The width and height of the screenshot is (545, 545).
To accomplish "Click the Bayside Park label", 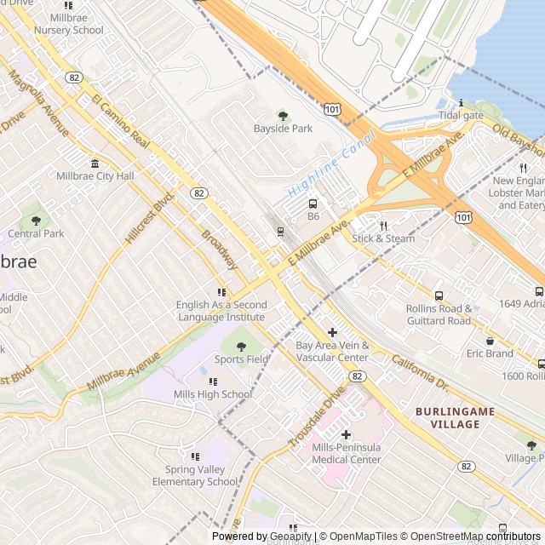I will tap(283, 129).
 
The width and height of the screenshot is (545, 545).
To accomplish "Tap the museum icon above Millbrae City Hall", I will tap(95, 163).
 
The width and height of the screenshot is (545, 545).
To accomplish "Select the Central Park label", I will tap(36, 233).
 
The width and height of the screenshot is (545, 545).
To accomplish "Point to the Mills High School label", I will tap(213, 394).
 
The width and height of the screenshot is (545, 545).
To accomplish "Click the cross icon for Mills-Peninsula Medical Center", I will tap(346, 434).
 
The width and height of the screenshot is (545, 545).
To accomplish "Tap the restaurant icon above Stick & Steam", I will tap(383, 226).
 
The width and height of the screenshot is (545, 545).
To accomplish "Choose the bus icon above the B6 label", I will tap(313, 204).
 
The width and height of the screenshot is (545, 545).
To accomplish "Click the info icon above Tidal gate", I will tap(461, 103).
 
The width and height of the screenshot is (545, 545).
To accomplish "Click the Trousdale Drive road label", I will tap(316, 416).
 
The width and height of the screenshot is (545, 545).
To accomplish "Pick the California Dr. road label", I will tap(420, 372).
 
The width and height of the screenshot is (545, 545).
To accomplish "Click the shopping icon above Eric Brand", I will tap(490, 341).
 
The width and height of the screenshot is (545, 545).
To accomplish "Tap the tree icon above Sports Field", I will tap(241, 347).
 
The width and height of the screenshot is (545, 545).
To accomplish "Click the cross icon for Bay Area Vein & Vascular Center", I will tap(332, 332).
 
